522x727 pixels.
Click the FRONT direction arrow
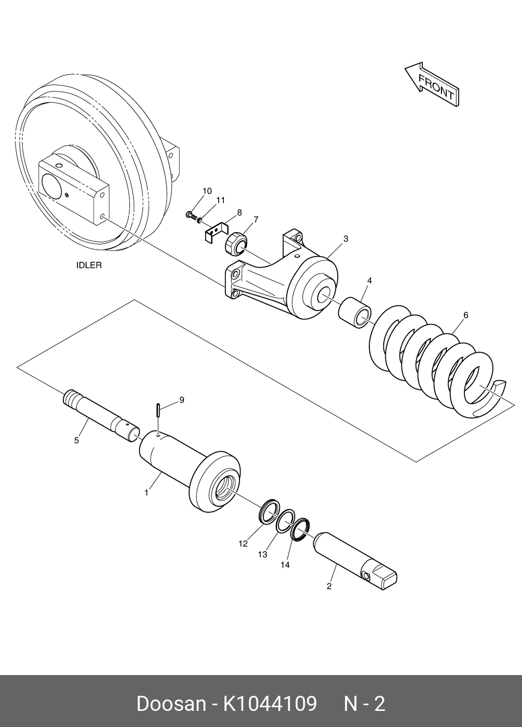coord(432,85)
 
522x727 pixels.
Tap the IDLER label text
coord(89,265)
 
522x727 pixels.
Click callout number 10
coord(207,191)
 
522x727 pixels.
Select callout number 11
coord(221,200)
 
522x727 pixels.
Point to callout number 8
coord(239,212)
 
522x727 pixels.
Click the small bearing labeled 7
coord(236,243)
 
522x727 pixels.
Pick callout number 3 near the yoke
coord(345,239)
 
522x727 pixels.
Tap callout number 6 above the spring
coord(465,315)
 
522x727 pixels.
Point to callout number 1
coord(146,493)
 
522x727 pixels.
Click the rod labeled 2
coord(356,561)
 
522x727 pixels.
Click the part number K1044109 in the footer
coord(270,704)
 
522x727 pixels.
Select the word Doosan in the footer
coord(171,704)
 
